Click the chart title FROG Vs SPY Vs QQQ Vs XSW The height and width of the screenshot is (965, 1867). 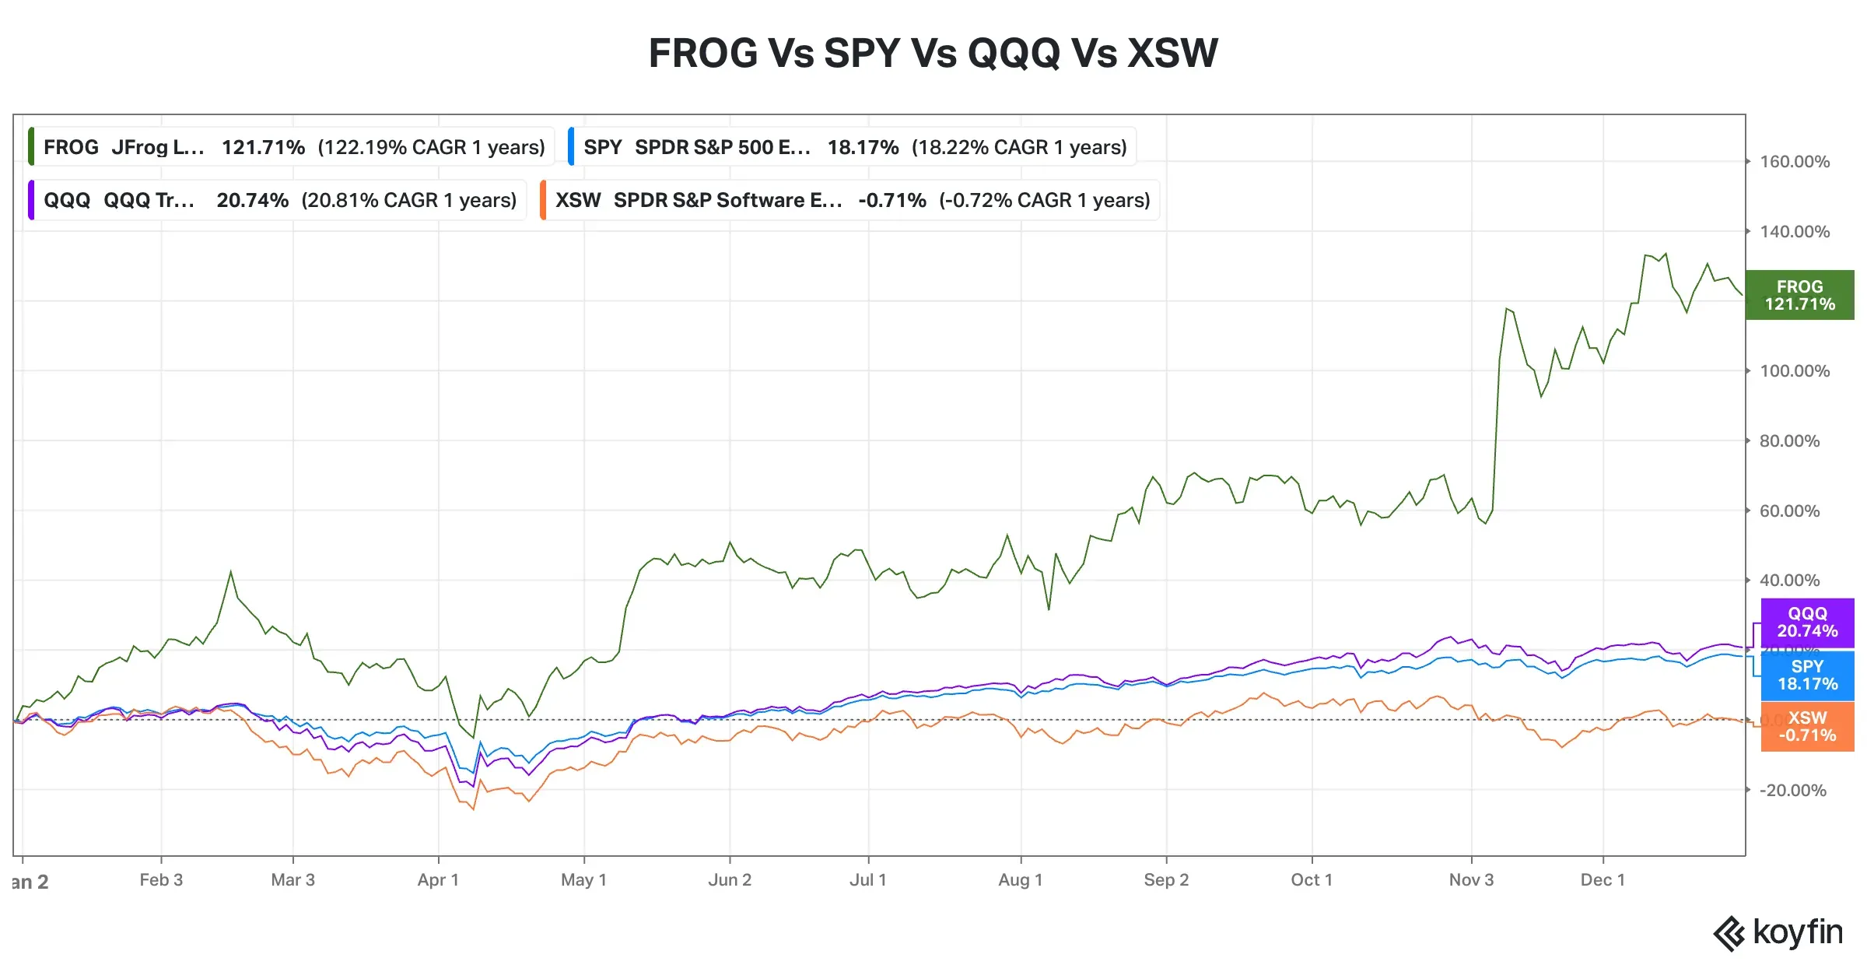tap(933, 53)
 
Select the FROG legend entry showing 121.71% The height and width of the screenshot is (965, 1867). tap(292, 147)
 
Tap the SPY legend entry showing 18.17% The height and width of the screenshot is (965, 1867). tap(853, 147)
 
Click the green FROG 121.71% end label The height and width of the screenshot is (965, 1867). tap(1799, 295)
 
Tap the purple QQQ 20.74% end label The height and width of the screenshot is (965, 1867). tap(1806, 623)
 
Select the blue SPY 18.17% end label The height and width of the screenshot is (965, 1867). tap(1806, 675)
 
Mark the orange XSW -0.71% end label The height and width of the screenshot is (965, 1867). tap(1806, 727)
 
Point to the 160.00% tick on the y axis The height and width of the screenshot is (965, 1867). tap(1794, 162)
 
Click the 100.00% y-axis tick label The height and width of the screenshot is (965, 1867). tap(1794, 371)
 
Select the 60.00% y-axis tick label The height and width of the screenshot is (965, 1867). tap(1789, 511)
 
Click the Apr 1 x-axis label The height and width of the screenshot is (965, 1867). tap(438, 880)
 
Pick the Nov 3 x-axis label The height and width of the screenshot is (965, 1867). tap(1470, 880)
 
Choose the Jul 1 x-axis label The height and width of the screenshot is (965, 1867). tap(867, 880)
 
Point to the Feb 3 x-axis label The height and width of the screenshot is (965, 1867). tap(161, 880)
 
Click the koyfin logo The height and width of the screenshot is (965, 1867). tap(1778, 932)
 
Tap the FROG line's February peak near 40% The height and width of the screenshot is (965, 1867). tap(230, 572)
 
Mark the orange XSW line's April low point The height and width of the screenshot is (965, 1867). tap(473, 809)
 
